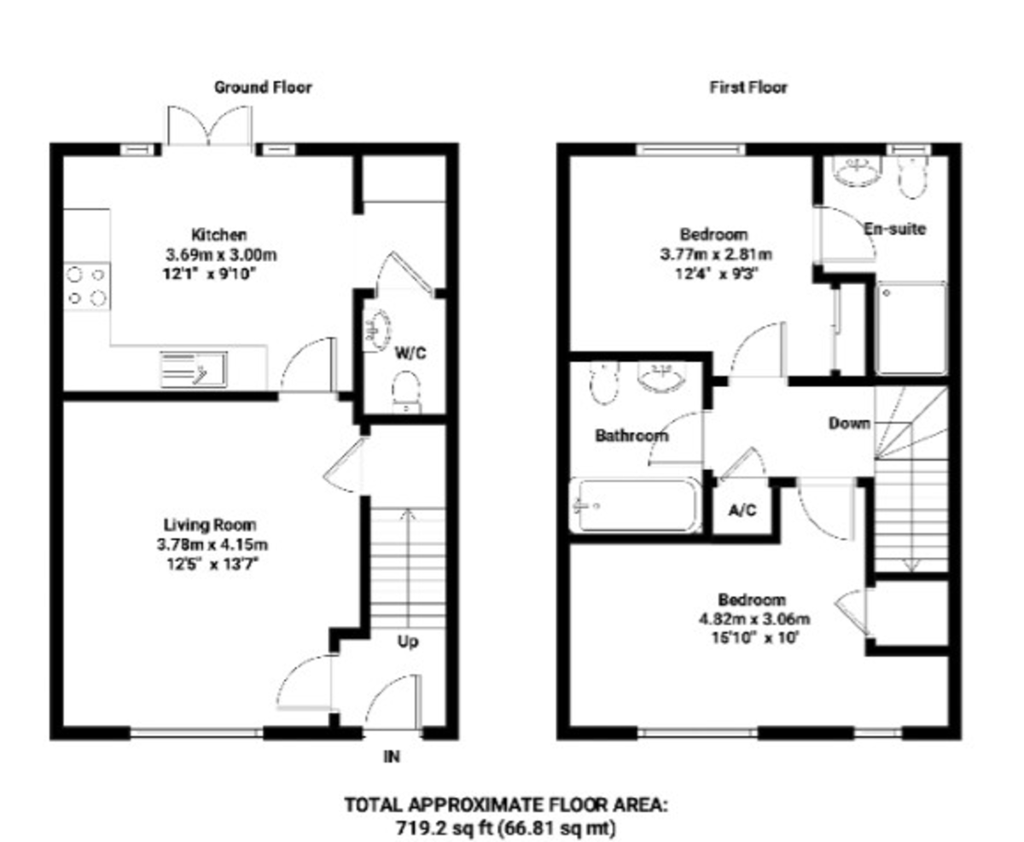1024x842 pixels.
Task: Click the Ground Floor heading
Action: [x=263, y=87]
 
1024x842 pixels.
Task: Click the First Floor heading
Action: [x=748, y=87]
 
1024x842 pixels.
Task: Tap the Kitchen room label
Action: [x=219, y=235]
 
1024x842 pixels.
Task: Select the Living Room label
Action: [x=210, y=526]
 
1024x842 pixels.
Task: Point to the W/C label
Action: [x=410, y=353]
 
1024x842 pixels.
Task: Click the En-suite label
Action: [x=895, y=229]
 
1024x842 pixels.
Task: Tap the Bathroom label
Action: [x=631, y=435]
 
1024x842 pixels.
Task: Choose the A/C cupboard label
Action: [x=742, y=510]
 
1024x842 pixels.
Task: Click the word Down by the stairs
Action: [x=849, y=423]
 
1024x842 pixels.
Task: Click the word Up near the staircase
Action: [x=408, y=642]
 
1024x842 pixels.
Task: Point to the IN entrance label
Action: [x=392, y=757]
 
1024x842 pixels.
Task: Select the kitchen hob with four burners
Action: [x=87, y=287]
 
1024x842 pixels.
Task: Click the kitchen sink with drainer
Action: [x=194, y=369]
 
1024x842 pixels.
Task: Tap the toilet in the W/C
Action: [x=406, y=392]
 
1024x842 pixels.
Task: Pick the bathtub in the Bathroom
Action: [x=635, y=505]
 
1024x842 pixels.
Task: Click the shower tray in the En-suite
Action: [x=911, y=329]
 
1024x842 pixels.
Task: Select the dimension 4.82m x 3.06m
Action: [x=754, y=618]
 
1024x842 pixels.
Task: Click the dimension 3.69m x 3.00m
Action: [x=221, y=254]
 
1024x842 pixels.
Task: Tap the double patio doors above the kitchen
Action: [x=210, y=125]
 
